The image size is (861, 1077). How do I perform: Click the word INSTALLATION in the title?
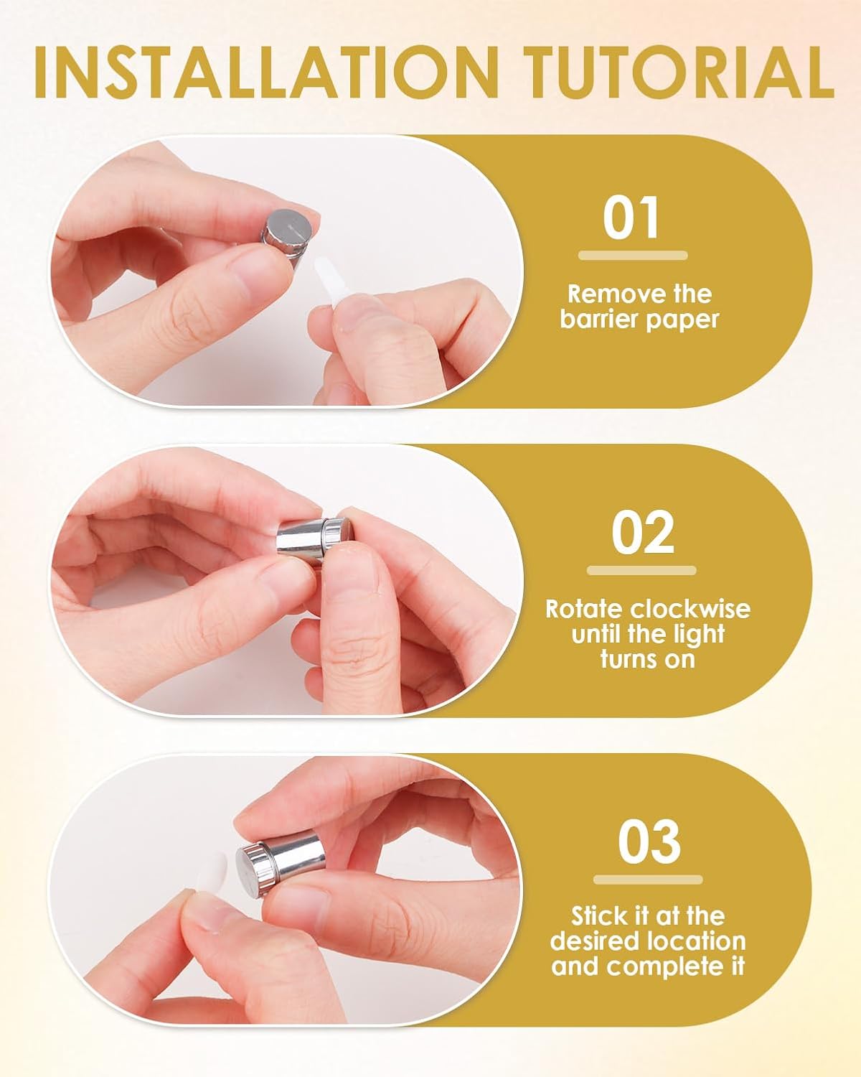267,73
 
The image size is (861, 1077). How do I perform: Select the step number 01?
631,218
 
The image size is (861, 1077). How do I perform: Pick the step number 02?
643,532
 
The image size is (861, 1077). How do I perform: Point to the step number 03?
649,841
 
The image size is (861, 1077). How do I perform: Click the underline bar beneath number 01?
633,255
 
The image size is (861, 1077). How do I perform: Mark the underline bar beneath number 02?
641,571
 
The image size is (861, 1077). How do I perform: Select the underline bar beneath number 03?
648,880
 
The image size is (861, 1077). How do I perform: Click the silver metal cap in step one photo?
287,236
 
